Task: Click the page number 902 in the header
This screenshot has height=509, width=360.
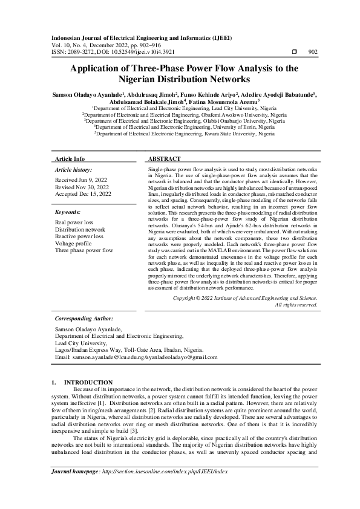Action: (x=313, y=52)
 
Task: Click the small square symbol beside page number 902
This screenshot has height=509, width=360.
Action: (x=294, y=52)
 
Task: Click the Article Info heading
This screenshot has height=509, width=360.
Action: (x=70, y=158)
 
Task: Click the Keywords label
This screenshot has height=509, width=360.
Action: (x=68, y=213)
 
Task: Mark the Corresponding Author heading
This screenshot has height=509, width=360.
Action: (x=83, y=317)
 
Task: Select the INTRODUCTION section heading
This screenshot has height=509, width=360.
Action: (x=88, y=383)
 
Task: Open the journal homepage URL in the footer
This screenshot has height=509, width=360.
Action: (x=163, y=488)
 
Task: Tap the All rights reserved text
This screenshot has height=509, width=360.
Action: (x=296, y=305)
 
